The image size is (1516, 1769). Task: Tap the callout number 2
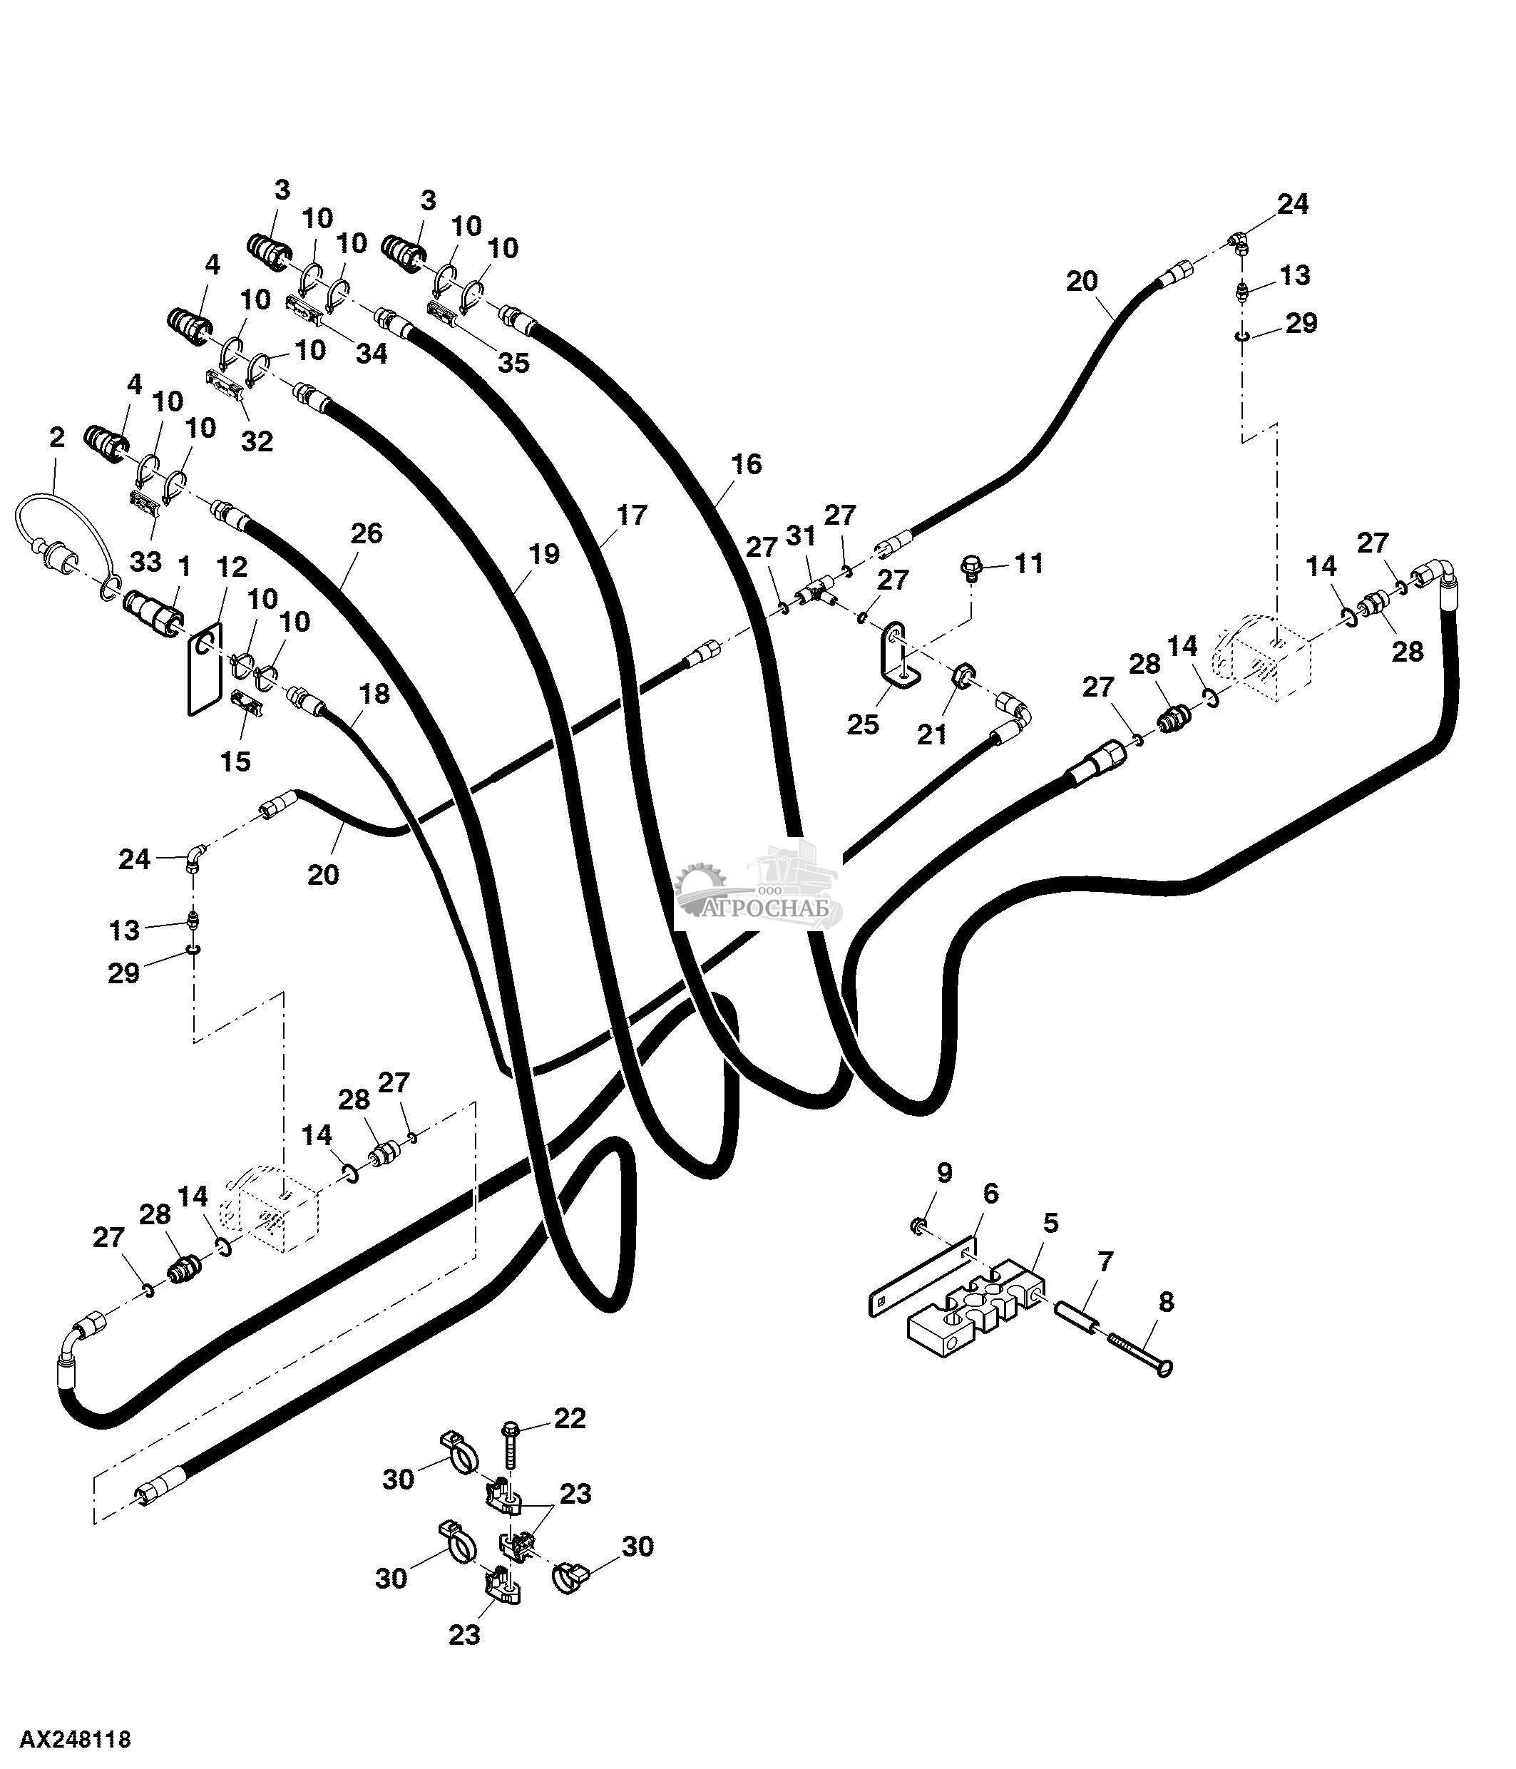56,438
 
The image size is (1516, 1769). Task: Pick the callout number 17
632,516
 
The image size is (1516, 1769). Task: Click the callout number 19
544,554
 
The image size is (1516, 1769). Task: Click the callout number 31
801,536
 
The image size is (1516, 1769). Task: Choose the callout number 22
570,1419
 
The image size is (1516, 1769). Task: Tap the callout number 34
372,353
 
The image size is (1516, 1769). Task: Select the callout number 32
257,441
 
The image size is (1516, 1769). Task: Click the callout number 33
146,562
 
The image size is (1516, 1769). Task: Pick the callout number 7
1105,1261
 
